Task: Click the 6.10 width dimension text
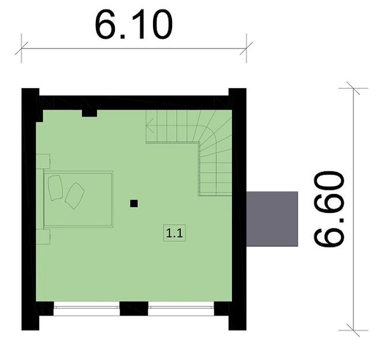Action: (133, 25)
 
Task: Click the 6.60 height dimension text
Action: (330, 209)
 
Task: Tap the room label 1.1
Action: (175, 234)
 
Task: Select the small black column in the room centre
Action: (134, 203)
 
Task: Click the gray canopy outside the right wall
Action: (272, 219)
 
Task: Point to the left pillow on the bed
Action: (56, 187)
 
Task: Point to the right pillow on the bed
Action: (74, 196)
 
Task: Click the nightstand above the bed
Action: (43, 161)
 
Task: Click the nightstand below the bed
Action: (43, 237)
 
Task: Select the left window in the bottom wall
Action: (87, 310)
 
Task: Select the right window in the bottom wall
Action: (181, 310)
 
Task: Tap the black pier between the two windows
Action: (134, 309)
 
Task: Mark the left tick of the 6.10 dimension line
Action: (22, 48)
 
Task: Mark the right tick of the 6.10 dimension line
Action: (246, 48)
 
